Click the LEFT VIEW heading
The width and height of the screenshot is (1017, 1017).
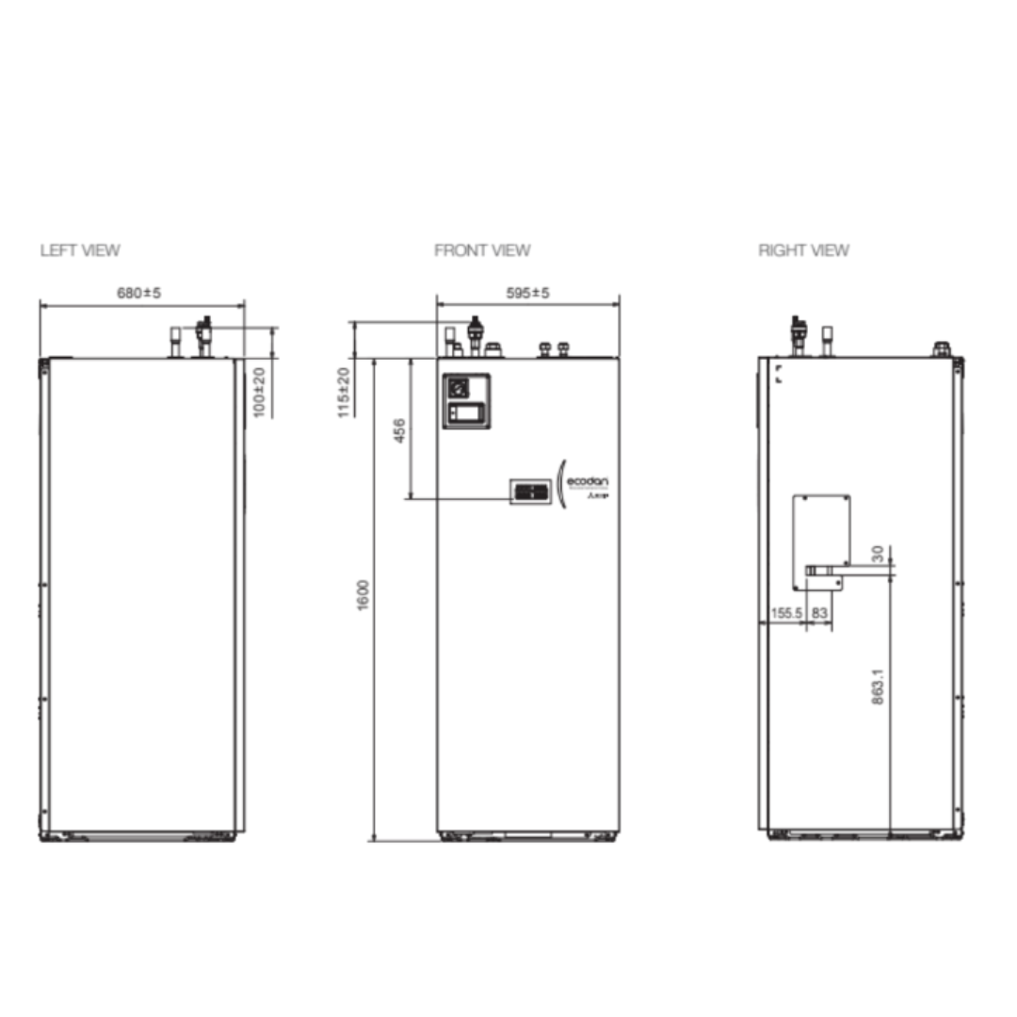[x=80, y=250]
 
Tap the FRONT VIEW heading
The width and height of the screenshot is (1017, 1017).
[x=482, y=250]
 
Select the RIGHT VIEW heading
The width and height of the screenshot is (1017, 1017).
[x=803, y=250]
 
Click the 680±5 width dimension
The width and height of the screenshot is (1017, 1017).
[x=139, y=294]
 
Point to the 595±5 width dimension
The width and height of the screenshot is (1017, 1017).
[x=527, y=294]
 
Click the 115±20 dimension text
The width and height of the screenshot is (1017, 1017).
[x=345, y=392]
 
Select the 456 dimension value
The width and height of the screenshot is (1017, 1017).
[x=398, y=432]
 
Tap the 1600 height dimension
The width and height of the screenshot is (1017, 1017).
[x=363, y=596]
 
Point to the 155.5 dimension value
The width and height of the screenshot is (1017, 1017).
[x=786, y=613]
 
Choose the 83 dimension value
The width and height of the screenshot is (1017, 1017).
[x=819, y=613]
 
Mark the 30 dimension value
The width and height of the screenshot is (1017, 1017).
[x=878, y=553]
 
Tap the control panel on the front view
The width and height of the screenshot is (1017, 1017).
[x=467, y=401]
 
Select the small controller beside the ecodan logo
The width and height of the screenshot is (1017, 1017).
[x=530, y=491]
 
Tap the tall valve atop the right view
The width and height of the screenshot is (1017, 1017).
[x=799, y=335]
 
